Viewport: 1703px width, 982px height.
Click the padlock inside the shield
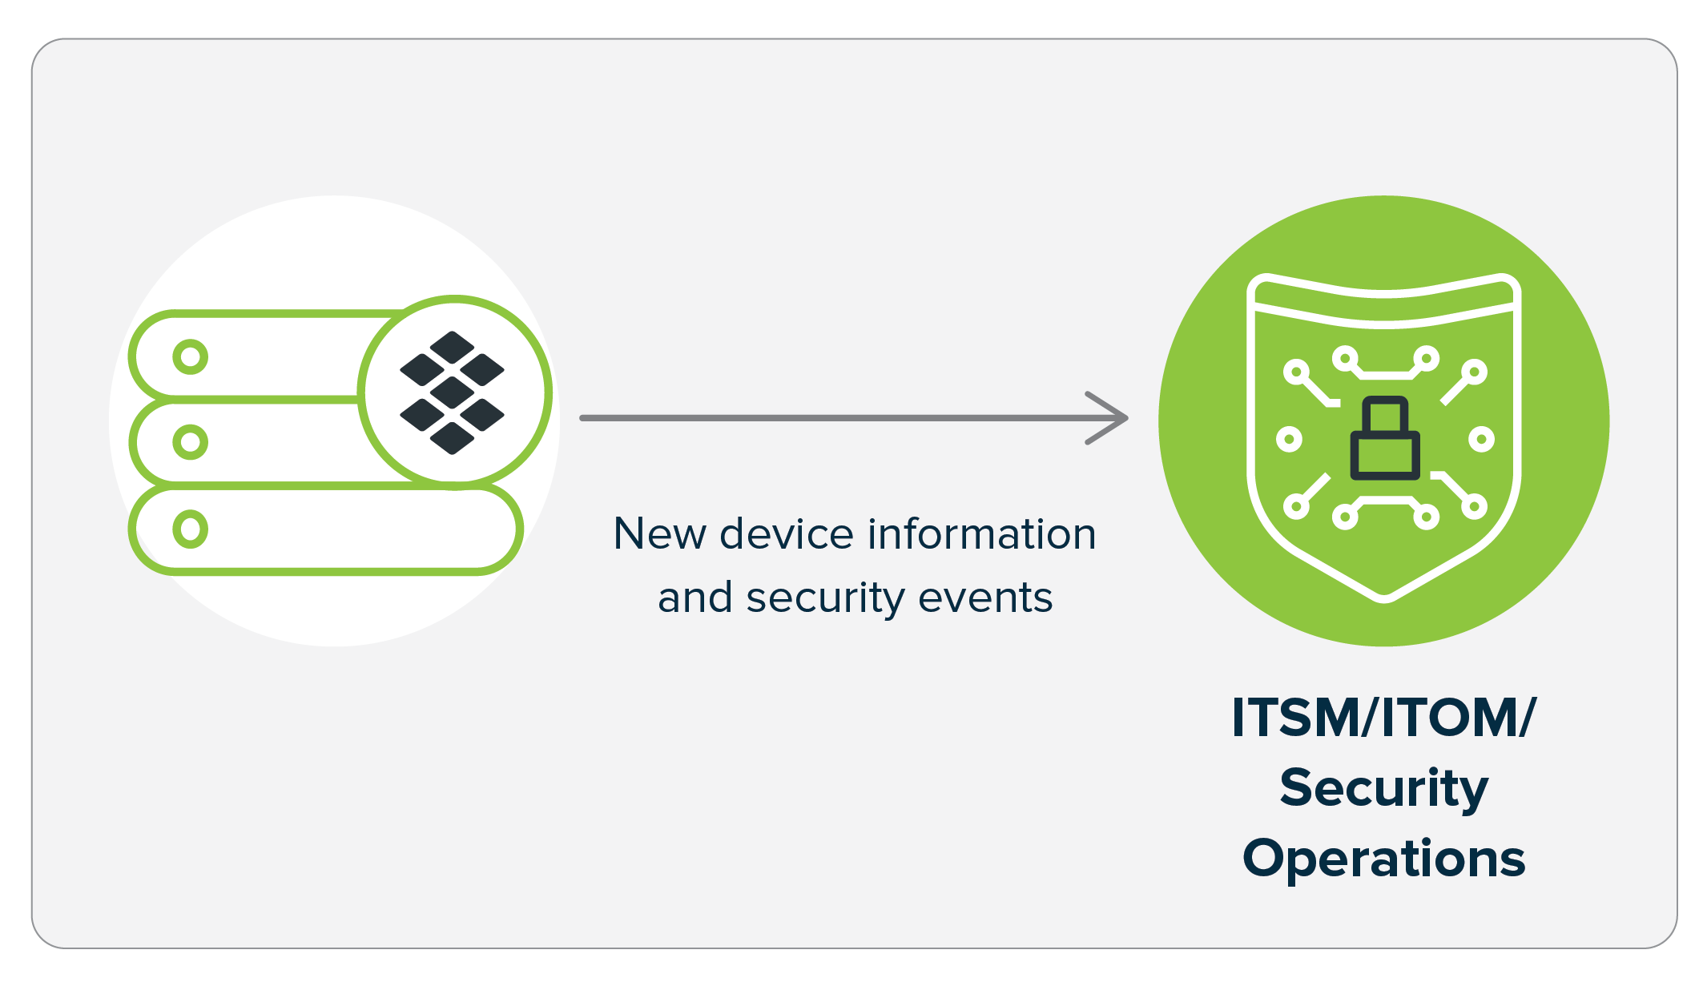coord(1385,440)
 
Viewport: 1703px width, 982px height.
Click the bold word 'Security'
coord(1383,788)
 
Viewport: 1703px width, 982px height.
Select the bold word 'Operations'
coord(1383,859)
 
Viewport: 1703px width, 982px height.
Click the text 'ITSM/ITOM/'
coord(1383,717)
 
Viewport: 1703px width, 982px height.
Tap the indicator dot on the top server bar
coord(190,356)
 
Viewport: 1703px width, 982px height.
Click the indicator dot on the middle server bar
coord(190,442)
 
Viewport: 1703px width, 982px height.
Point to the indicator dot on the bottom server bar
coord(190,529)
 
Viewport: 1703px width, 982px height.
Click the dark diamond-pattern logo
coord(452,392)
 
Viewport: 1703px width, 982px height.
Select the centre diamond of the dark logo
coord(452,392)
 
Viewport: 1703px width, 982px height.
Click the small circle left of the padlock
coord(1289,439)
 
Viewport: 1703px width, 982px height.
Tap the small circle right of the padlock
coord(1481,439)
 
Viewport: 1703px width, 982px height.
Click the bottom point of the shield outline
coord(1384,598)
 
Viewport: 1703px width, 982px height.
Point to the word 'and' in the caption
coord(694,598)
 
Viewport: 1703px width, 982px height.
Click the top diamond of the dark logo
coord(452,347)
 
